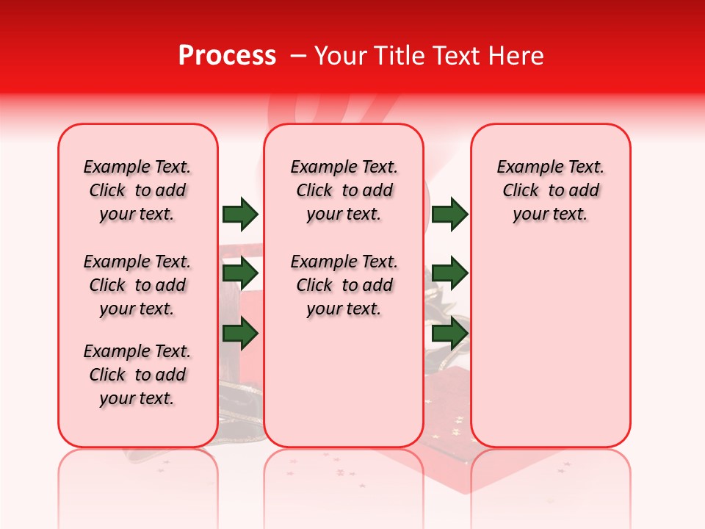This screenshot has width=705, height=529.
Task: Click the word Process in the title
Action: click(x=227, y=55)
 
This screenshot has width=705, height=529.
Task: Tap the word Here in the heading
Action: click(x=517, y=55)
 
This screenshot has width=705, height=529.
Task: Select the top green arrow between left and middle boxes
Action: click(x=240, y=214)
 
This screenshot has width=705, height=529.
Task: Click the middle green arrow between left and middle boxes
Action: click(x=240, y=273)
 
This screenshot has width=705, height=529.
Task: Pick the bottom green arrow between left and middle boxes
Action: click(x=240, y=334)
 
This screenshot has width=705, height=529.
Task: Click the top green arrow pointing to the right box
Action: click(x=450, y=214)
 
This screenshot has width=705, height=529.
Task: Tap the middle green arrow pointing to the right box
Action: click(x=450, y=273)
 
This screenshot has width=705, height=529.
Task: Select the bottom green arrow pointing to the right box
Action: click(x=450, y=334)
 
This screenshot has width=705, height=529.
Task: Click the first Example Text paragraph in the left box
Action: click(x=137, y=190)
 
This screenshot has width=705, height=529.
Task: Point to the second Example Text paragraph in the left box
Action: click(x=137, y=285)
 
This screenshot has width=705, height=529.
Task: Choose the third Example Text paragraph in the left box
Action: click(x=137, y=375)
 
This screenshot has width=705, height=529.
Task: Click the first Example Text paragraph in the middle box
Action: click(x=344, y=190)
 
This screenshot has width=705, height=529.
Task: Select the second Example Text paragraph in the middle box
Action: click(x=344, y=285)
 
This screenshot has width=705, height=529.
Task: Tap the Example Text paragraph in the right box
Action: click(x=551, y=190)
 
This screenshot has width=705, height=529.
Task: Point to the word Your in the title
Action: click(x=340, y=55)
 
